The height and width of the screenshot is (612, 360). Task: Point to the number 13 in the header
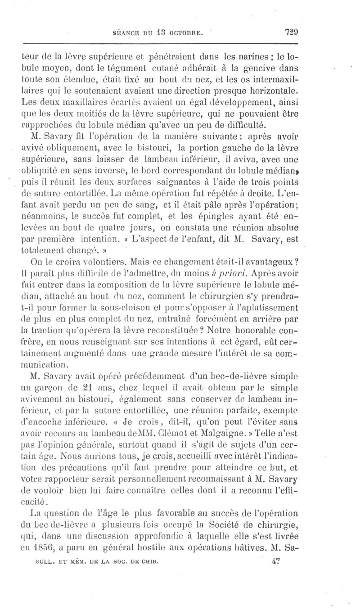(154, 32)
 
